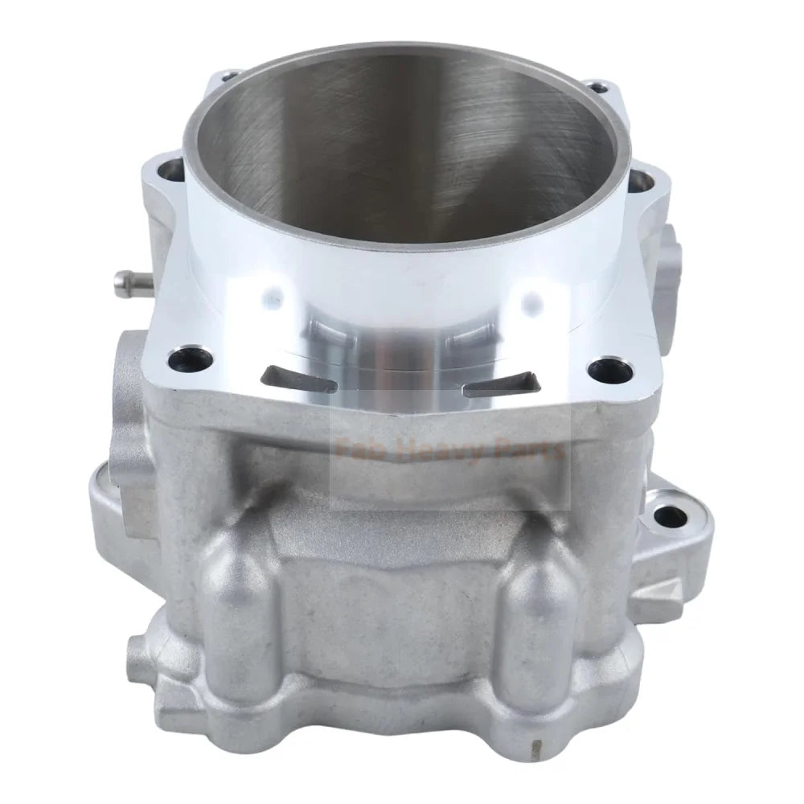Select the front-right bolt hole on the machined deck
tap(601, 371)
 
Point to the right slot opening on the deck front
tap(500, 388)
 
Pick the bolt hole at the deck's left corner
tap(170, 170)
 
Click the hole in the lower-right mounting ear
tap(667, 515)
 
